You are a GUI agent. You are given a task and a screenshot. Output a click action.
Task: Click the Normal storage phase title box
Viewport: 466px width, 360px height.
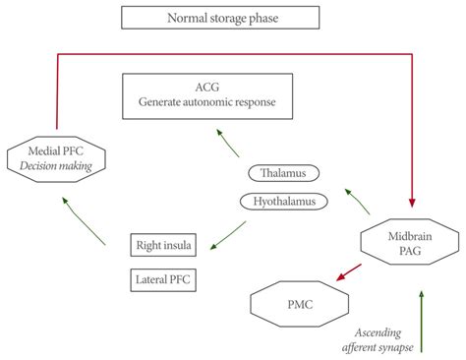[x=220, y=17]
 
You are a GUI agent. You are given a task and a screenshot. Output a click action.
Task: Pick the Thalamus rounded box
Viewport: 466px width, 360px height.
[x=285, y=174]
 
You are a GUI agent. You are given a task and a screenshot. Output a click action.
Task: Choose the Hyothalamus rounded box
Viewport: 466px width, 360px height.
[x=285, y=201]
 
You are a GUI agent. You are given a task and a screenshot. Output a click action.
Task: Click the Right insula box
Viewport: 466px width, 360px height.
[x=162, y=244]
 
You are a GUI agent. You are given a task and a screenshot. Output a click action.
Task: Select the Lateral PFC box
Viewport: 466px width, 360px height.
[x=162, y=280]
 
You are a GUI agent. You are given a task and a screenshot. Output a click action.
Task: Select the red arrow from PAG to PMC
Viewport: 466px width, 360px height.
[x=351, y=270]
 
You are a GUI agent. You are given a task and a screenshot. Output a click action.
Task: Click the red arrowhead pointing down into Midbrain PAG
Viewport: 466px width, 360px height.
[x=412, y=195]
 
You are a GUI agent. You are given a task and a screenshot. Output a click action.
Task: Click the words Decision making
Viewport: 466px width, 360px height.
[x=55, y=165]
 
